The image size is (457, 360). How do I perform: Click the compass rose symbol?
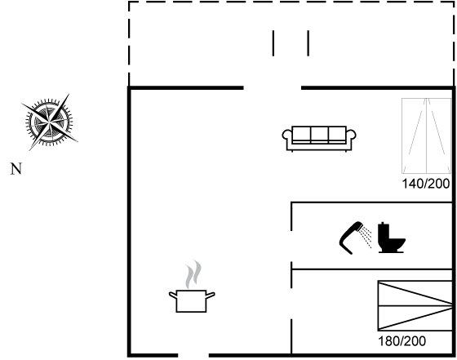click(x=50, y=122)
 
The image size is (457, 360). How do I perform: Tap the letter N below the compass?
click(x=16, y=169)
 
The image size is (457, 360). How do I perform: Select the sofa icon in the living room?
click(x=319, y=139)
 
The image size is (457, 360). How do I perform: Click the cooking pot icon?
click(x=192, y=301)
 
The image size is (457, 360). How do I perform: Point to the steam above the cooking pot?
click(x=193, y=274)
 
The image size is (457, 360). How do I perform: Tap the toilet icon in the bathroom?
click(x=392, y=238)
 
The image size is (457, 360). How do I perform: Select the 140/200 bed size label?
click(x=426, y=184)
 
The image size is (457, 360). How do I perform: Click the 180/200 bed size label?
click(x=402, y=340)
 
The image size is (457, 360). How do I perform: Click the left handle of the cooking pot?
click(x=173, y=295)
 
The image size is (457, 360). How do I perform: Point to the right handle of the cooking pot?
click(x=211, y=295)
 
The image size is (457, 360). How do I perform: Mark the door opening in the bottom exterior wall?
click(x=193, y=355)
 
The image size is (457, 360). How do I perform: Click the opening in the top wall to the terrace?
click(x=273, y=87)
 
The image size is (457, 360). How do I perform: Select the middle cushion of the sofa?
click(x=319, y=134)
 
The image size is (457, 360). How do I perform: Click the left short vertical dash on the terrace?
click(x=273, y=42)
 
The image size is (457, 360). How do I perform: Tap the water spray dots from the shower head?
click(x=366, y=238)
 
